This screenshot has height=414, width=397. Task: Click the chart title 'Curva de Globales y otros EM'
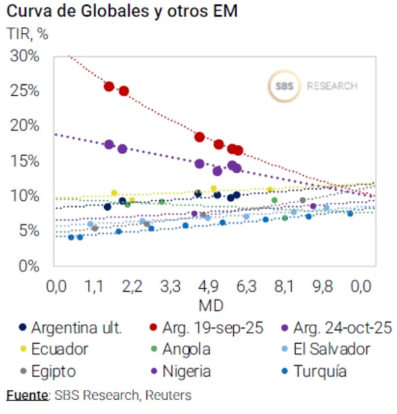122,11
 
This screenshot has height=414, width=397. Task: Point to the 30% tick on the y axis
24,56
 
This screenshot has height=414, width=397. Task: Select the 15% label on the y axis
24,161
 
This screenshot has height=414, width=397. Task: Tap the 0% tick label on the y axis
28,266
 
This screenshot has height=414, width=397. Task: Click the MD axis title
211,305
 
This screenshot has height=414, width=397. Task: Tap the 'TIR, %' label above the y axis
27,34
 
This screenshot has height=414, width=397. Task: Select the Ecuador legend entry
60,349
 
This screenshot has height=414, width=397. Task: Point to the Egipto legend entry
53,371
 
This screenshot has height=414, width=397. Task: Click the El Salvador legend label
332,349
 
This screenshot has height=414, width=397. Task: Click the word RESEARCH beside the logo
332,86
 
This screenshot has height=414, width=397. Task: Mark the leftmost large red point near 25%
109,87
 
